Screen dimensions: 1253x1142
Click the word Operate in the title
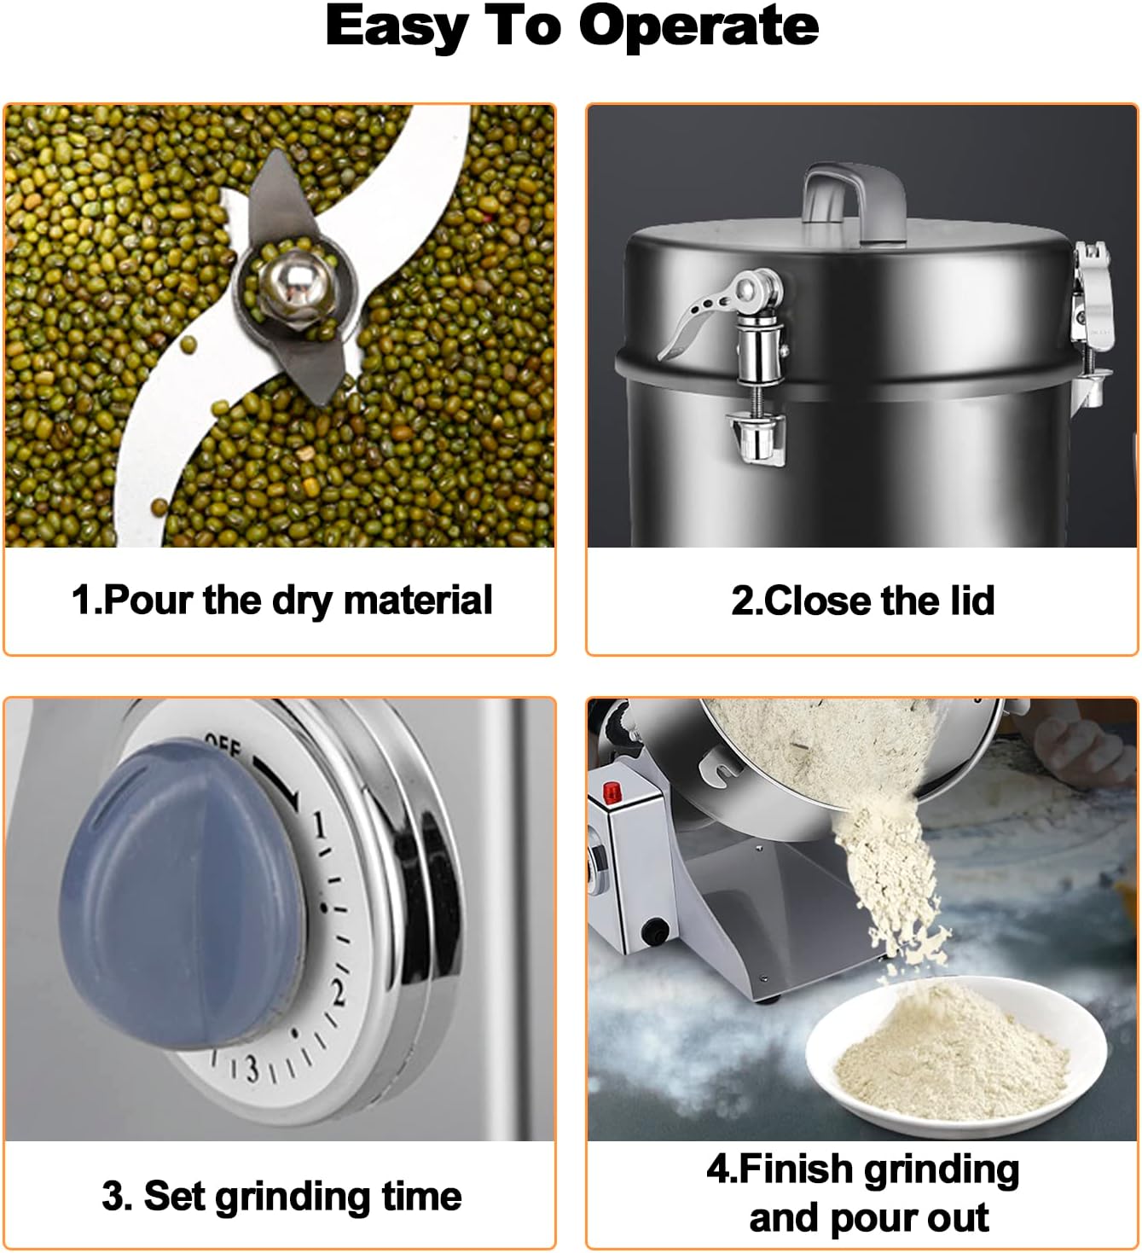[699, 27]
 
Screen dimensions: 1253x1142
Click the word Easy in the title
[397, 26]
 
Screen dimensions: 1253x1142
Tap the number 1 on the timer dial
[318, 826]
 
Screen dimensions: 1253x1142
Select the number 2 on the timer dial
[337, 994]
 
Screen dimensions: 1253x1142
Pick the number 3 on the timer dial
[252, 1068]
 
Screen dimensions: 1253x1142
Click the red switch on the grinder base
[611, 792]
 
